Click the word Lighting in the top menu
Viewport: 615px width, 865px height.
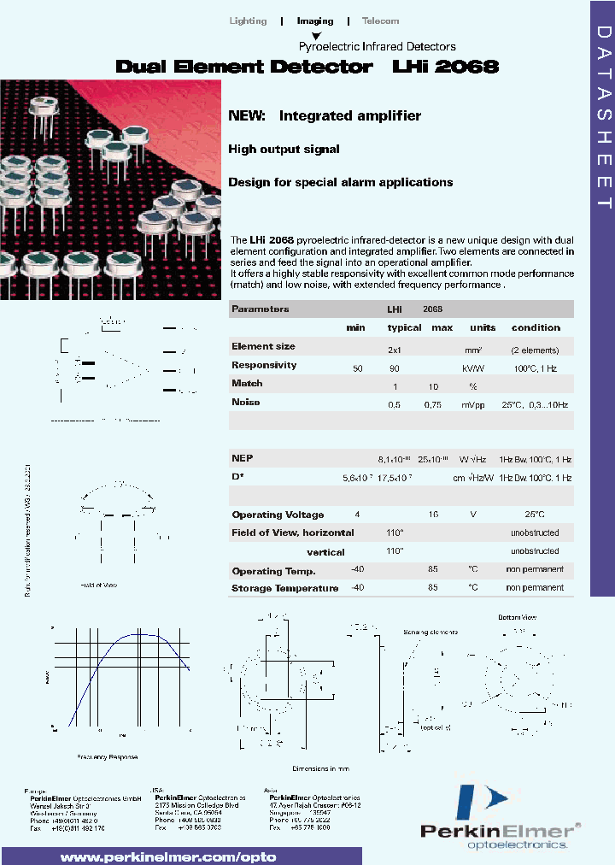(x=249, y=21)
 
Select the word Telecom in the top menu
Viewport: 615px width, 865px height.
(x=380, y=21)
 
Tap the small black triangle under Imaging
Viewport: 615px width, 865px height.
(x=316, y=36)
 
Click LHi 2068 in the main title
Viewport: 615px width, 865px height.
(x=445, y=67)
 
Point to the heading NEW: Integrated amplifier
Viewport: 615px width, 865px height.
(x=325, y=115)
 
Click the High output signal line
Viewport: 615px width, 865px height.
(x=284, y=149)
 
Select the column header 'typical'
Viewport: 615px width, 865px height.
(x=404, y=327)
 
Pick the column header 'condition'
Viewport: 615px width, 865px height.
(x=536, y=327)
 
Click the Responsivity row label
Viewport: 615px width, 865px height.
(x=264, y=365)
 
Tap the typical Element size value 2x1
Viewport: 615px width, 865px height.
(x=395, y=350)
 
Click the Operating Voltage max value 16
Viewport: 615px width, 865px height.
(x=433, y=515)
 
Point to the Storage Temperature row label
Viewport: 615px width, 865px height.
(x=284, y=588)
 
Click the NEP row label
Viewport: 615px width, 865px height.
(x=243, y=458)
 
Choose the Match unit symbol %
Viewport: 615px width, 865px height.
(x=472, y=386)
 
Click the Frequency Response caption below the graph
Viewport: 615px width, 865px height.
(x=107, y=757)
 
